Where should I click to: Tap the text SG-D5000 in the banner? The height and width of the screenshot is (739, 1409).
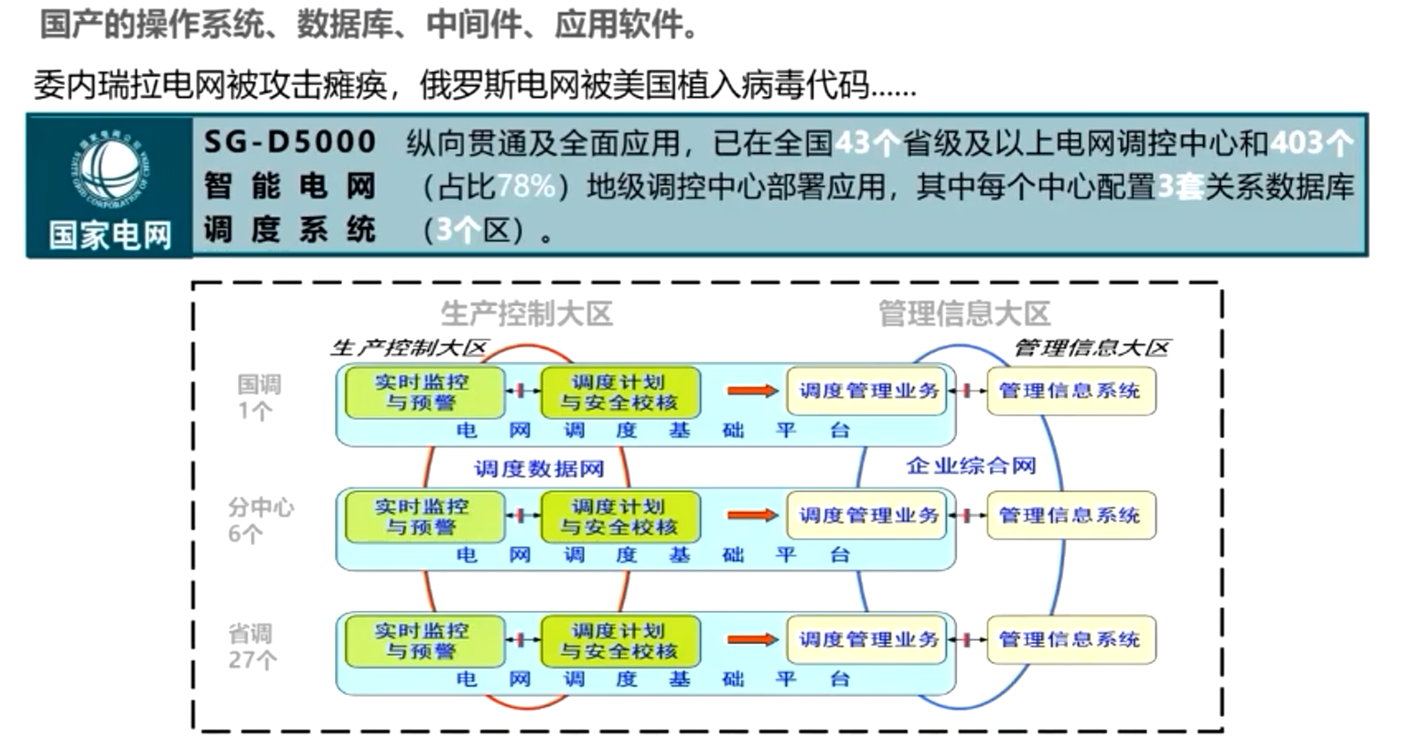click(290, 142)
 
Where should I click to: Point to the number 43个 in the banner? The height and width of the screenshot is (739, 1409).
click(867, 143)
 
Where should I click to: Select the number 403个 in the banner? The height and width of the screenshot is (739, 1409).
click(1311, 143)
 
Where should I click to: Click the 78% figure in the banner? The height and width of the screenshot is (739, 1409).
click(527, 187)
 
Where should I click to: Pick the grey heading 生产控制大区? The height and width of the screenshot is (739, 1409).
click(526, 314)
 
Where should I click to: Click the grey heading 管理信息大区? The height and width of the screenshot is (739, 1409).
click(964, 314)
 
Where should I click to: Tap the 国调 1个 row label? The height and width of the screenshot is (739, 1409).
click(258, 397)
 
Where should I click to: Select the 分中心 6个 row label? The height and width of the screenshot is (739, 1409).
click(260, 519)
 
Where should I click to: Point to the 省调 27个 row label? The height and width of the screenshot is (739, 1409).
click(251, 646)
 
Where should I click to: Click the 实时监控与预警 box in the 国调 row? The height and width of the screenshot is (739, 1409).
click(423, 392)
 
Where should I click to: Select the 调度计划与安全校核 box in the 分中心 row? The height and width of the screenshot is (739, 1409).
click(619, 517)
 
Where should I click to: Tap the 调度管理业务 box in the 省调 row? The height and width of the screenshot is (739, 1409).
click(867, 639)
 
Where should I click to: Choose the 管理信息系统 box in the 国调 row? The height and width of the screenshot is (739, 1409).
click(1070, 391)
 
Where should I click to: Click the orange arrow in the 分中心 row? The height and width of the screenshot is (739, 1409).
click(752, 516)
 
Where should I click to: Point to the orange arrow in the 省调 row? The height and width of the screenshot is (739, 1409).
click(752, 639)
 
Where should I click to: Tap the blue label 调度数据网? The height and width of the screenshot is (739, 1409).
click(539, 469)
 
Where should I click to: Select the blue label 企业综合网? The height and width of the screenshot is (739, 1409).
click(971, 466)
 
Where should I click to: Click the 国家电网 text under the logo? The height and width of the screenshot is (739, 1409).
click(110, 235)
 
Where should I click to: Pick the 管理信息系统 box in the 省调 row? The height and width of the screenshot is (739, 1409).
click(1070, 639)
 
